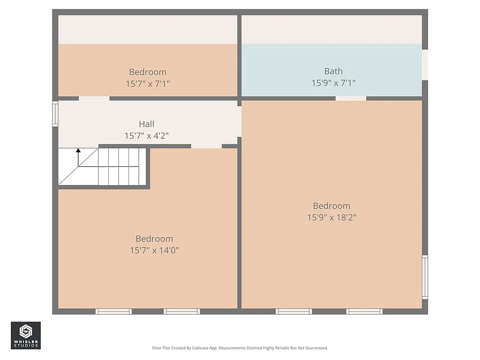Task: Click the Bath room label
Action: tap(333, 71)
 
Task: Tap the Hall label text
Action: tap(146, 124)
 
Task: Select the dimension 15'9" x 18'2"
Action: tap(332, 217)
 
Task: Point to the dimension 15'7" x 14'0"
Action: tap(154, 250)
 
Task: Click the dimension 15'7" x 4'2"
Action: tap(146, 136)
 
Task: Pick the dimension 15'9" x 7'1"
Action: tap(333, 83)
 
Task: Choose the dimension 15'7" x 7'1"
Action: tap(148, 83)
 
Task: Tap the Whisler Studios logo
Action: tap(26, 335)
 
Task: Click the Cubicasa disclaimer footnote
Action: tap(240, 348)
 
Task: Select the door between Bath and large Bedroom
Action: tap(351, 98)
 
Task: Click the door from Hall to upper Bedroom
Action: tap(94, 98)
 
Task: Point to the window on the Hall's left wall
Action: tap(55, 114)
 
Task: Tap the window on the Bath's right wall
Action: tap(425, 65)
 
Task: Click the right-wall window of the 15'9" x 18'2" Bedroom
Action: tap(425, 277)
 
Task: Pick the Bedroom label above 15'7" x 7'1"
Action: tap(148, 72)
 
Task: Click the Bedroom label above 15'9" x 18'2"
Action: tap(332, 206)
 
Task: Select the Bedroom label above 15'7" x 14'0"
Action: tap(154, 239)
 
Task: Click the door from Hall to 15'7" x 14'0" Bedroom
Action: tap(206, 146)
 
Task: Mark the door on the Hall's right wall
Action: tap(239, 121)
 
